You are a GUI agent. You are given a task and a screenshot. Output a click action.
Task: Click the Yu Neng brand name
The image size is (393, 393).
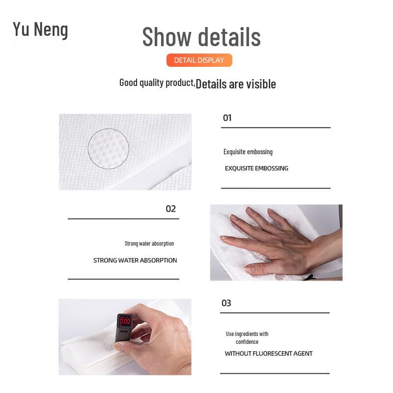(40, 29)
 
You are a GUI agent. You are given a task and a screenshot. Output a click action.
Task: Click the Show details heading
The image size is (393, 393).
(201, 37)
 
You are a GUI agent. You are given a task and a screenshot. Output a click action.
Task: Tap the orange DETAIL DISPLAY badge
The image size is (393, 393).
(199, 60)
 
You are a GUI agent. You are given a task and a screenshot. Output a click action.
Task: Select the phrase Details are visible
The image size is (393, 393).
(236, 84)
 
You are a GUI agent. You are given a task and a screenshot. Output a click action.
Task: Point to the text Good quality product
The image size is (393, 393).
(157, 83)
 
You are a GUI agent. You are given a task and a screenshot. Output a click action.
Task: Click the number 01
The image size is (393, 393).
(227, 118)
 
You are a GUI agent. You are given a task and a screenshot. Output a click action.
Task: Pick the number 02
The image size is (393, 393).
(170, 209)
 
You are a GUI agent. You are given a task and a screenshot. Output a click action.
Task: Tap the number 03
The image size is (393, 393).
(226, 303)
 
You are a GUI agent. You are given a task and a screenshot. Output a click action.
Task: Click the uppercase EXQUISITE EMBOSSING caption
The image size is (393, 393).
(256, 168)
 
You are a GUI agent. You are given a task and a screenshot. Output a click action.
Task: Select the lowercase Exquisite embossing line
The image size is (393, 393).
(248, 152)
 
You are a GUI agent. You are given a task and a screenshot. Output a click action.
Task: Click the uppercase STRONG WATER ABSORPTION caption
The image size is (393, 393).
(135, 260)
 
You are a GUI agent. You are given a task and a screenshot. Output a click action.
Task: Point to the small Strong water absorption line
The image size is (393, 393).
(149, 244)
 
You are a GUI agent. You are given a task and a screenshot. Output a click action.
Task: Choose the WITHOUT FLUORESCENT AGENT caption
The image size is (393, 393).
(269, 354)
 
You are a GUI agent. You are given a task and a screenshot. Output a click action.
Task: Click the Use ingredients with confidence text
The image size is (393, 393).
(247, 337)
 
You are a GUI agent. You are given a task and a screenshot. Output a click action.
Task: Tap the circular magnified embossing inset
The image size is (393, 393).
(109, 148)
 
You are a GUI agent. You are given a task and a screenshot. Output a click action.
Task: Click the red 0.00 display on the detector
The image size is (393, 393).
(125, 321)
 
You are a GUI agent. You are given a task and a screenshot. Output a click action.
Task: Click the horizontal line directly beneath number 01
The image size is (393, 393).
(276, 128)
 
